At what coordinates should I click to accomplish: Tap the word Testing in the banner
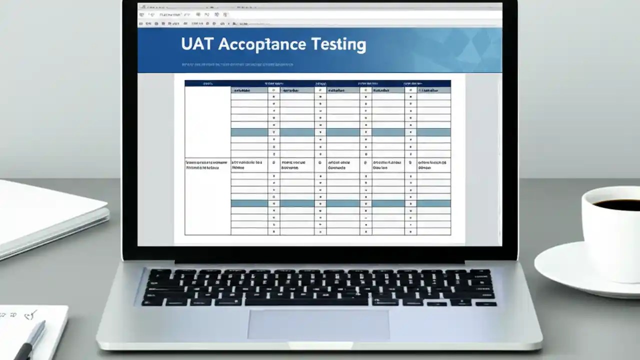[x=338, y=45]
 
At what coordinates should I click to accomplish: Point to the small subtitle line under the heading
[x=237, y=64]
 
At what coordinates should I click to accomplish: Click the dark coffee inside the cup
[x=615, y=204]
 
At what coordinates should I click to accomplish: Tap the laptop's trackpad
[x=318, y=324]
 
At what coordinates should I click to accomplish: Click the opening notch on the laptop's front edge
[x=320, y=345]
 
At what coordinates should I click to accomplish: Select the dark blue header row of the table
[x=317, y=83]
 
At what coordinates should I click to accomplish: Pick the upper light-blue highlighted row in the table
[x=340, y=132]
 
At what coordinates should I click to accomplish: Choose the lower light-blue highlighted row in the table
[x=340, y=203]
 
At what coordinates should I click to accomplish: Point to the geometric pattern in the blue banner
[x=460, y=47]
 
